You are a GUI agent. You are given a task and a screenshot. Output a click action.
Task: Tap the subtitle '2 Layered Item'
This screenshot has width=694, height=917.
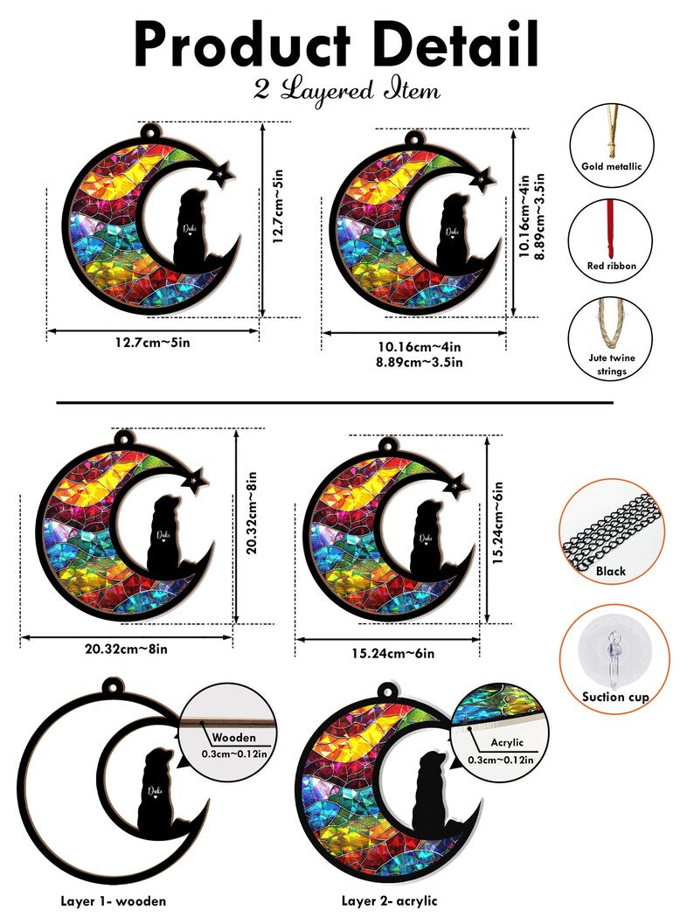click(x=347, y=90)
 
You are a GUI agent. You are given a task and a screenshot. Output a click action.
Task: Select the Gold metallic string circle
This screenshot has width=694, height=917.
click(x=612, y=141)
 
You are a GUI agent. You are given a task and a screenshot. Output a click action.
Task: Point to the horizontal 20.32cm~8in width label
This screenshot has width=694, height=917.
click(x=128, y=649)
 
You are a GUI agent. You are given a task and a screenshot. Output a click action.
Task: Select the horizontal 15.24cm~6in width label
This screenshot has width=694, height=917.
click(x=392, y=653)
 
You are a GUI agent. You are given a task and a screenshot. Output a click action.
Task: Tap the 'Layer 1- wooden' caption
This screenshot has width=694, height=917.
click(x=113, y=900)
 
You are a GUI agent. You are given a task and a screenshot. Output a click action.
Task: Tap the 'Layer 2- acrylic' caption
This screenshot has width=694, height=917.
click(x=389, y=900)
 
